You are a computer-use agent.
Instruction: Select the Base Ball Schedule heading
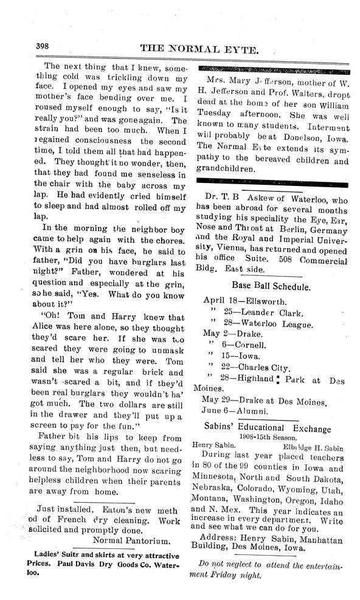(x=271, y=285)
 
